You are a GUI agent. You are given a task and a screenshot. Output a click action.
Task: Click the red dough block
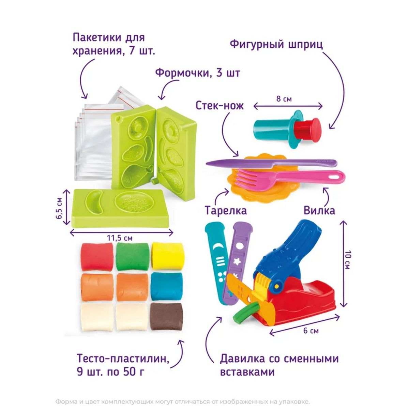click(x=97, y=257)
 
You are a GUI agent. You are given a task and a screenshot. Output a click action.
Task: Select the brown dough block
click(x=166, y=321)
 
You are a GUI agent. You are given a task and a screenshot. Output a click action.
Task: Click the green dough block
click(x=132, y=257)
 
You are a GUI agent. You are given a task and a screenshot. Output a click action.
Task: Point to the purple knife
click(x=272, y=163)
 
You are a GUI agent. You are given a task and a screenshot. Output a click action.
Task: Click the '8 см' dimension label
click(x=284, y=99)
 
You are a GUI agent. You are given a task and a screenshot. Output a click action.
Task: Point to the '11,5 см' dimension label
click(x=120, y=238)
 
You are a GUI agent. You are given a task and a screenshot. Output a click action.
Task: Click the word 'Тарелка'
click(x=226, y=211)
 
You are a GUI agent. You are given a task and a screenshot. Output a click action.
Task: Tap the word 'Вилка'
click(x=319, y=211)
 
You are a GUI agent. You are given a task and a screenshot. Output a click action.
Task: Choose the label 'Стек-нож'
click(x=219, y=105)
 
